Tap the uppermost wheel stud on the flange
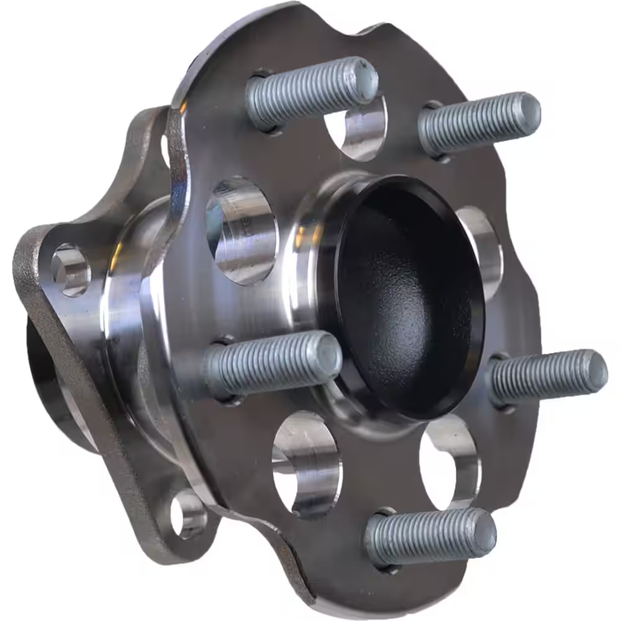[x=310, y=90]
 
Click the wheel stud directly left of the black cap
[x=271, y=364]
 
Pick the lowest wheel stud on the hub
[x=430, y=538]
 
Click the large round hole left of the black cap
[x=240, y=229]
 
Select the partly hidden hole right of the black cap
[x=483, y=253]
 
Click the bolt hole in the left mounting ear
[x=69, y=270]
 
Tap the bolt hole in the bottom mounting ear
[x=188, y=513]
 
